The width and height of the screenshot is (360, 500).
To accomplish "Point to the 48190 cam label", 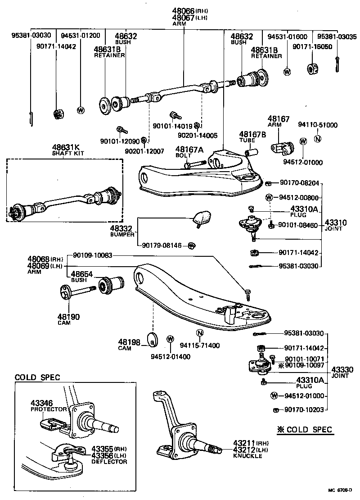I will [x=68, y=317].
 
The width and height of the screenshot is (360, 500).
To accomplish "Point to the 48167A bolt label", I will [x=189, y=149].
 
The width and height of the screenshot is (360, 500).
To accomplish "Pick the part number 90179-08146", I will [x=162, y=245].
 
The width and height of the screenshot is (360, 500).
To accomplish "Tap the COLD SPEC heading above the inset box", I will [x=37, y=377].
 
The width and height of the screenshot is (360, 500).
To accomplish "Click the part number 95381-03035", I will [x=337, y=36].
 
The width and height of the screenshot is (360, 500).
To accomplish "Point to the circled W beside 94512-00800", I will [x=269, y=197].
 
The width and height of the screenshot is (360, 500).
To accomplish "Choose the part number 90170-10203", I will [x=305, y=409].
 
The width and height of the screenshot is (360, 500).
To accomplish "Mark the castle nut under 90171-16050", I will [x=313, y=68].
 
